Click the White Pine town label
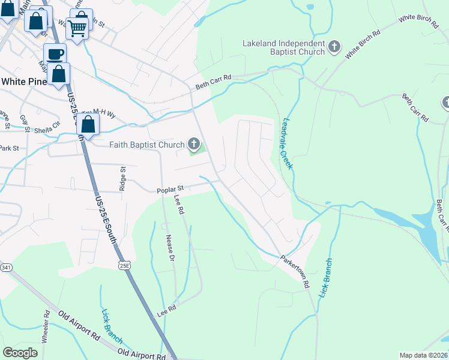24,82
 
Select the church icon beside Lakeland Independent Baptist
335,44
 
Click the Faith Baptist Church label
146,144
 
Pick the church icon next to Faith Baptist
193,143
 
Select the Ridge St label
122,178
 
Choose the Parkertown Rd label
294,272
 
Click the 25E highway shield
124,264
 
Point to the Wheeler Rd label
45,326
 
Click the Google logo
21,352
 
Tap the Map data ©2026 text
423,355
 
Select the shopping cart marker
77,27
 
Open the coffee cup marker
55,53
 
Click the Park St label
10,148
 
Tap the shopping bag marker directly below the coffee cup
59,74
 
